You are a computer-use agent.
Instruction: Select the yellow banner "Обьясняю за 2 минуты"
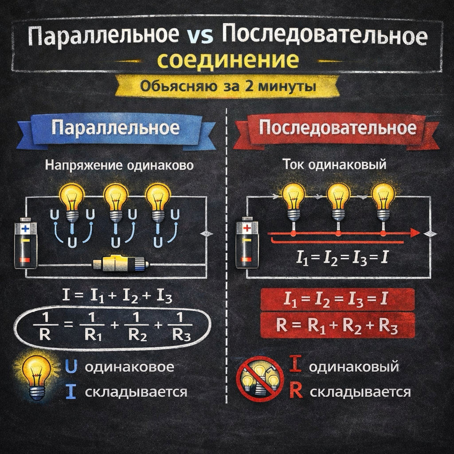tap(227, 86)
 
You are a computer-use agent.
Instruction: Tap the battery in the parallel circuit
tap(26, 243)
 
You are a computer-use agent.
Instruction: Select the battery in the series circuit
tap(247, 243)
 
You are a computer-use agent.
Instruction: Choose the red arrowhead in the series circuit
tap(415, 233)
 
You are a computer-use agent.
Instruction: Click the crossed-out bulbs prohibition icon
tap(260, 378)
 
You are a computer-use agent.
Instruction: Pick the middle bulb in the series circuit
tap(338, 200)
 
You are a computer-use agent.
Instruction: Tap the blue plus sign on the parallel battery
tap(25, 229)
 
